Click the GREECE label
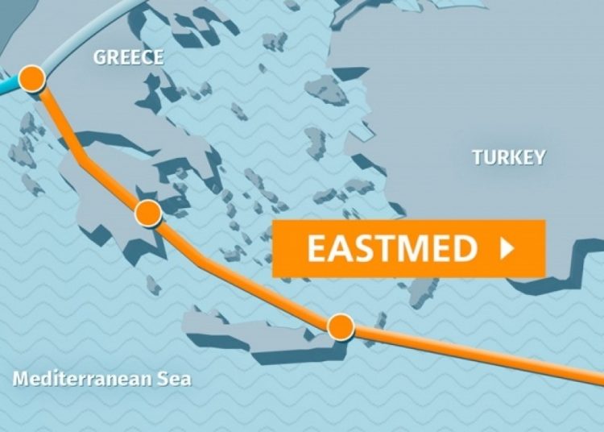(x=128, y=57)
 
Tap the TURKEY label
(x=509, y=157)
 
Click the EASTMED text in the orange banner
(x=392, y=249)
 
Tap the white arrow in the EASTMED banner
(x=507, y=249)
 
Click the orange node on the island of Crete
(x=341, y=326)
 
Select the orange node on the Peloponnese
(x=148, y=213)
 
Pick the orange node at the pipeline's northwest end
(x=32, y=78)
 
